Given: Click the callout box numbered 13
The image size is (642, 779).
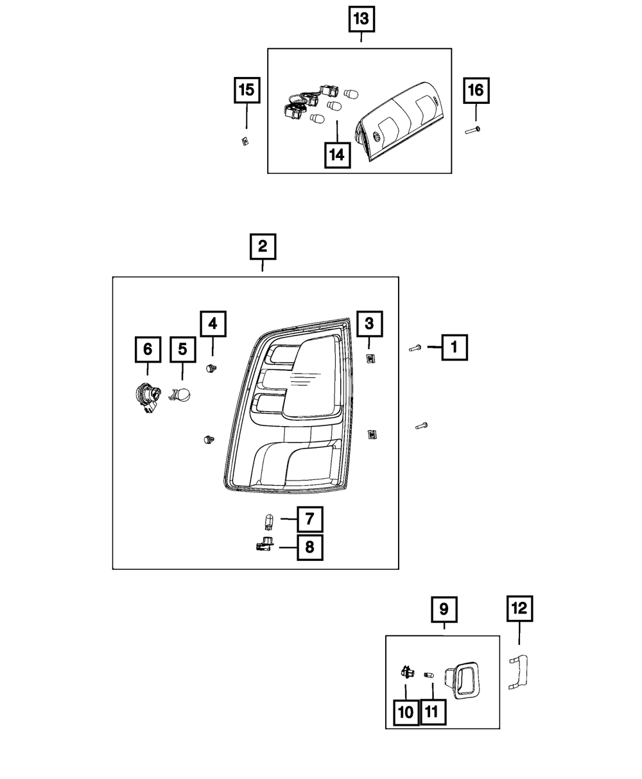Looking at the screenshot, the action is coord(361,19).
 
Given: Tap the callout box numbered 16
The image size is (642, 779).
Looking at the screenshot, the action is coord(476,90).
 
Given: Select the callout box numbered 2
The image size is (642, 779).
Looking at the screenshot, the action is coord(263,246).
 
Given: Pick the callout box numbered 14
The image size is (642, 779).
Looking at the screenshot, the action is coord(337,155).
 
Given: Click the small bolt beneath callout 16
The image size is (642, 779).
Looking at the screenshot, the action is coord(473,130).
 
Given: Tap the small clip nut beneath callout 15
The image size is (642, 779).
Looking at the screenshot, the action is coord(245,141).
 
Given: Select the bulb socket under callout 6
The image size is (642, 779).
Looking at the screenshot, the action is coord(148,399).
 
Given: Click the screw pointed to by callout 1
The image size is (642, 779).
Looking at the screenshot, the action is coord(415,348).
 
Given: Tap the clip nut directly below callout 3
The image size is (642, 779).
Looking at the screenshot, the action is coord(370,359).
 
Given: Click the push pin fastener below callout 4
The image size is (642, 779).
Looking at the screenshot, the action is coord(211,368).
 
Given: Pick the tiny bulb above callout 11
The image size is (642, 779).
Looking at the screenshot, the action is coord(429,675).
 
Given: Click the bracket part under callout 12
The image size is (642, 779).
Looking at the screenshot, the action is coord(519,672).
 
